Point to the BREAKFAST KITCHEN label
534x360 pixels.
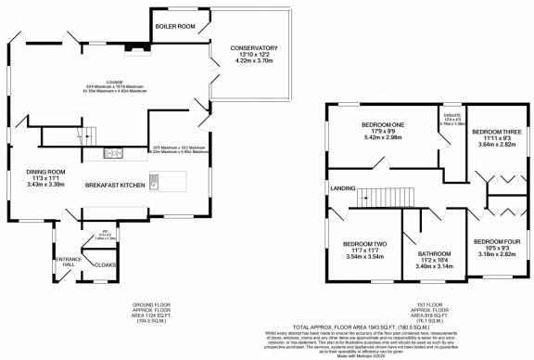click(x=115, y=186)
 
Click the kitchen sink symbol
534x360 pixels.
click(x=156, y=182)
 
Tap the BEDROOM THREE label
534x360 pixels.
click(x=496, y=132)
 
